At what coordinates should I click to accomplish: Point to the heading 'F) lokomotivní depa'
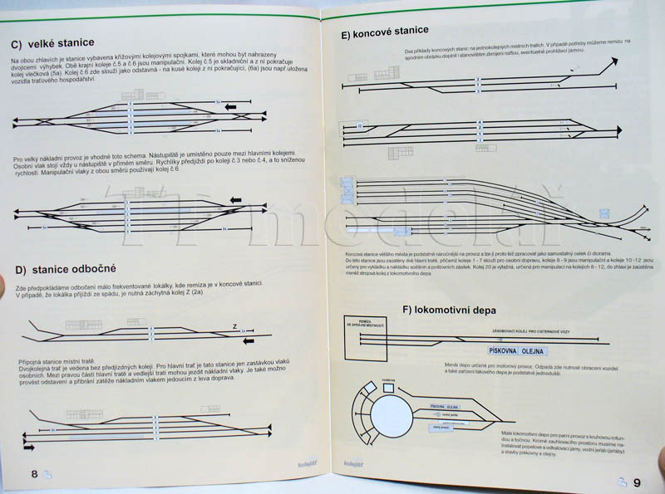click(x=449, y=311)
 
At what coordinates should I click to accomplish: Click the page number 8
click(x=34, y=473)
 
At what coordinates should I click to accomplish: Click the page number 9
click(x=637, y=482)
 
